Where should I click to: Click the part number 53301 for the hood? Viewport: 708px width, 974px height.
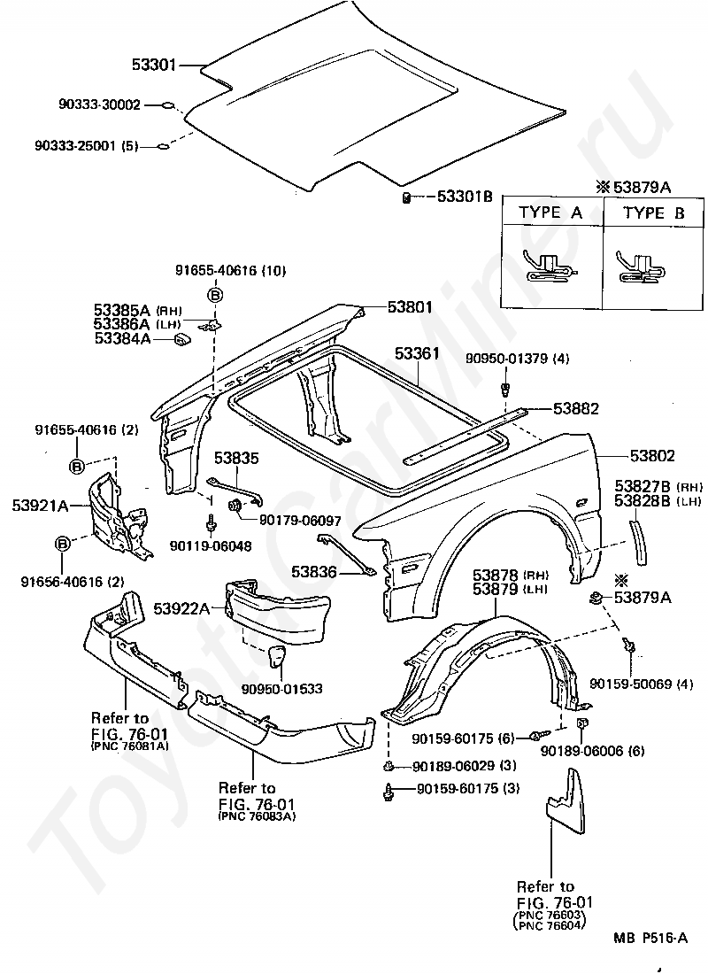[154, 65]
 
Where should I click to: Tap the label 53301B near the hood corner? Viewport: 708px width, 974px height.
[465, 197]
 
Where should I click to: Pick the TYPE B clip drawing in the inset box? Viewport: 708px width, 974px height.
[641, 267]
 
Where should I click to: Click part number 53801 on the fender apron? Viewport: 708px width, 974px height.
[410, 307]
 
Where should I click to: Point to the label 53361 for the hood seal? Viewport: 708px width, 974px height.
[418, 353]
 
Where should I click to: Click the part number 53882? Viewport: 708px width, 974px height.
[576, 408]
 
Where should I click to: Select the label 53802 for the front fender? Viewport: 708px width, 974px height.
[652, 455]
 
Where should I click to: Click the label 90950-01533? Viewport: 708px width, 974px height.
[282, 689]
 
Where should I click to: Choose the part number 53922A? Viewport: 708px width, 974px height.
[182, 609]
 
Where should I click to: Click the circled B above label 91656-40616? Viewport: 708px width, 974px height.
[62, 545]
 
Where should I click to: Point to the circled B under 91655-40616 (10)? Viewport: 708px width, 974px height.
[215, 295]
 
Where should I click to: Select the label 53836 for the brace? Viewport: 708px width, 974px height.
[313, 571]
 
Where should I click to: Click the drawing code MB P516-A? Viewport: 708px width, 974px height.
[650, 938]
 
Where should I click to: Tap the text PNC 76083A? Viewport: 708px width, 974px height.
[258, 816]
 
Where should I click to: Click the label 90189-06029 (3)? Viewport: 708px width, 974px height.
[464, 766]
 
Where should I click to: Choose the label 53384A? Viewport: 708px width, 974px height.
[122, 338]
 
